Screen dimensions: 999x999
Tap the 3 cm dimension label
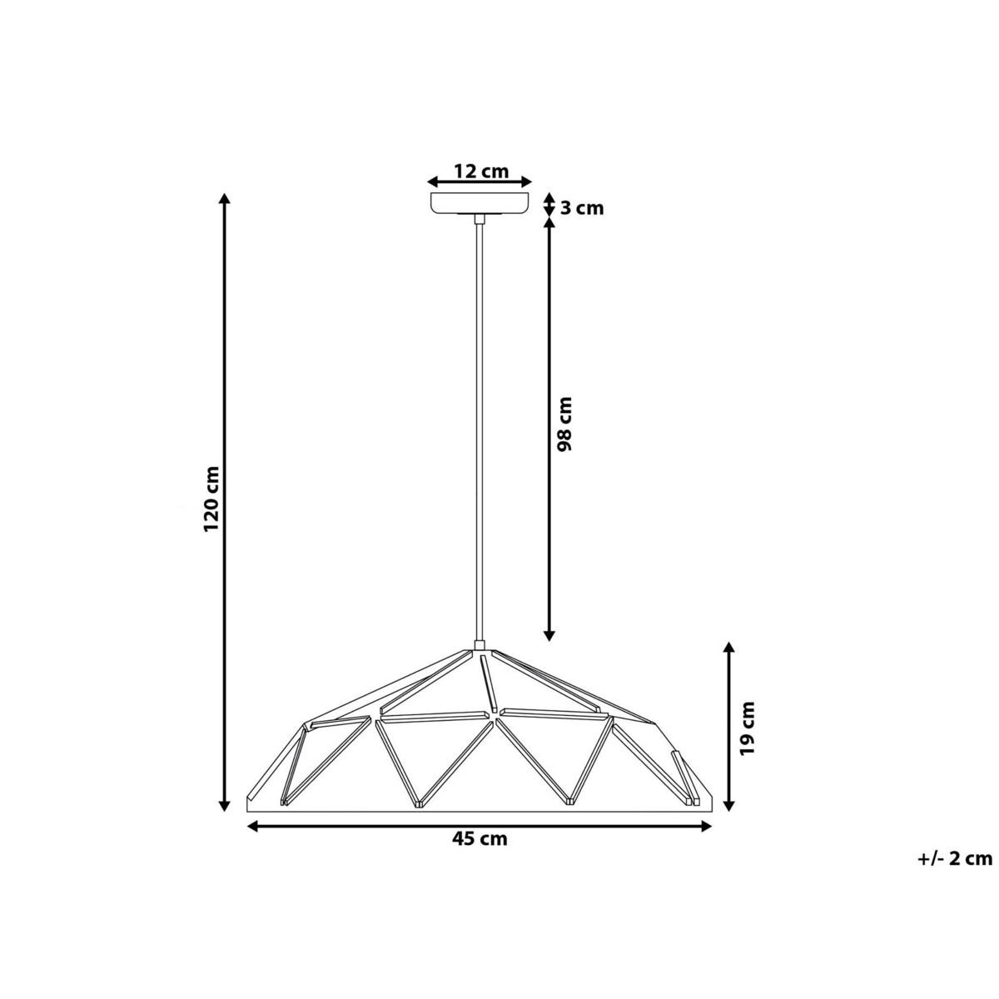581,208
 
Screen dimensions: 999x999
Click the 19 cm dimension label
748,728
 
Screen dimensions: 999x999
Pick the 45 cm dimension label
480,839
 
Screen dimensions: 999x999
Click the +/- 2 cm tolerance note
955,858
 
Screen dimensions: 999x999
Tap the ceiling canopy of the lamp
479,203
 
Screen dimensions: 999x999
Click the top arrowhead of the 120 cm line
223,199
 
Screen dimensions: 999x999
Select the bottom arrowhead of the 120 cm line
223,804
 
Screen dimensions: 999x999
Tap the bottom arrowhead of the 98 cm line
549,635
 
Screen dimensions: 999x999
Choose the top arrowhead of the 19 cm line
729,648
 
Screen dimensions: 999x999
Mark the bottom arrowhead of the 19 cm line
729,804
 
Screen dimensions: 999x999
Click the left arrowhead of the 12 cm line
433,181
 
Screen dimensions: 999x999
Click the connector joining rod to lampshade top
479,644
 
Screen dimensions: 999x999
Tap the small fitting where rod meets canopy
479,219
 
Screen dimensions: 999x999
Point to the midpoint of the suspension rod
479,431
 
